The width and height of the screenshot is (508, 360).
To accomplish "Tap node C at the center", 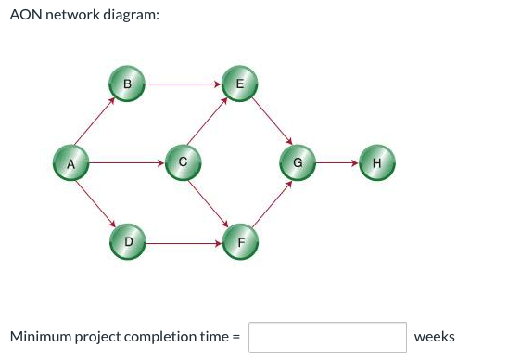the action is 183,161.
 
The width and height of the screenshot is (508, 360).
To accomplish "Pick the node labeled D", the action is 128,241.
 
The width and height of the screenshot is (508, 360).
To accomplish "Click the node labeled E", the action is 239,83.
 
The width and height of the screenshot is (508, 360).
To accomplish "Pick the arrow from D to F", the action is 184,243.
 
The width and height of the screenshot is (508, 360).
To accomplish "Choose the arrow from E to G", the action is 269,122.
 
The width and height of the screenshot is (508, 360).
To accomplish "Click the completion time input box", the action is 327,337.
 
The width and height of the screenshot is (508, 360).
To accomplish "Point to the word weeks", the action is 434,337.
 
